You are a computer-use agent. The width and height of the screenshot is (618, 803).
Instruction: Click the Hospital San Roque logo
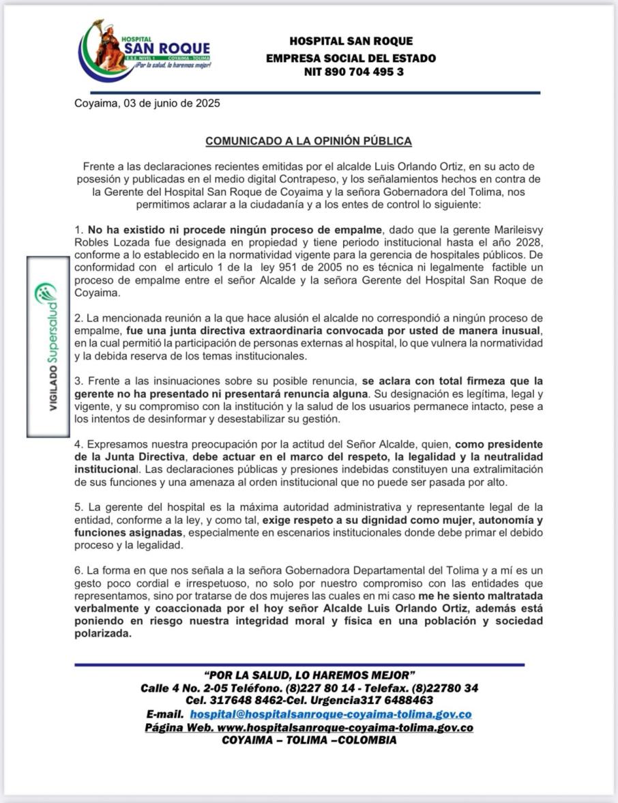click(x=145, y=50)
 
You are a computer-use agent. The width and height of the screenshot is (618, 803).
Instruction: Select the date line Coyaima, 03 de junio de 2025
click(x=147, y=104)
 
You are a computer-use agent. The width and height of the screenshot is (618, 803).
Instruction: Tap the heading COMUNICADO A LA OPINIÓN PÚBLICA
click(x=308, y=141)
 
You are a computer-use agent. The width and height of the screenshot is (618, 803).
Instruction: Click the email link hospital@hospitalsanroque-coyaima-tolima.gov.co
click(x=331, y=714)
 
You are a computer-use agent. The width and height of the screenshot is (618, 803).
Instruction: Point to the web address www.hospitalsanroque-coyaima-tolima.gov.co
click(x=345, y=728)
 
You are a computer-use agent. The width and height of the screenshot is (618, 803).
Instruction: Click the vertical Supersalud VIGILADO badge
click(x=49, y=346)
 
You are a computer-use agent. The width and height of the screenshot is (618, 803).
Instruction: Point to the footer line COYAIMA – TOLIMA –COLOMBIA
click(x=309, y=740)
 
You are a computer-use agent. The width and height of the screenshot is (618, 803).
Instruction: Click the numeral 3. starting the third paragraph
click(x=78, y=381)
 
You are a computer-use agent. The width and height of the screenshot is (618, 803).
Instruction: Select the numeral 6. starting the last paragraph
click(x=78, y=570)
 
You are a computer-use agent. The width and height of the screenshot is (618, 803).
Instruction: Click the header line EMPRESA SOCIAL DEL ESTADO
click(x=351, y=58)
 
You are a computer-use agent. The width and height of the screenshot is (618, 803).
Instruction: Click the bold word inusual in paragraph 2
click(x=520, y=330)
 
